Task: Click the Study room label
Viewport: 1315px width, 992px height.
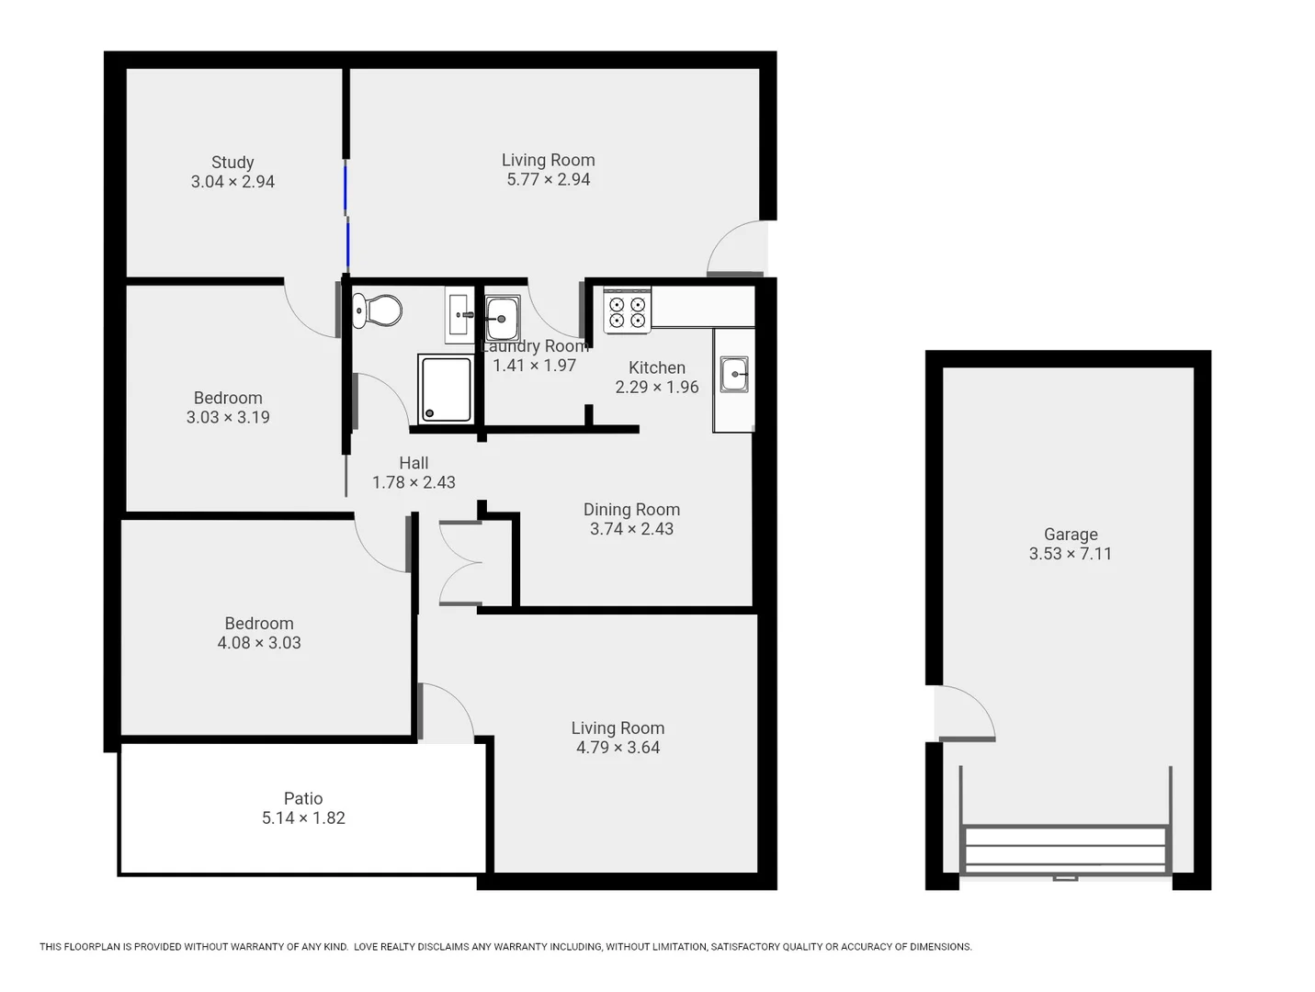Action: click(232, 163)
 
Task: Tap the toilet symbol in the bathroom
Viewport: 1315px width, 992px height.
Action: click(378, 310)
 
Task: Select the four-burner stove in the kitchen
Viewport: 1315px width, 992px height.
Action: click(627, 311)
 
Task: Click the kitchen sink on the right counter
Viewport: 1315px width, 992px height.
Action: click(734, 375)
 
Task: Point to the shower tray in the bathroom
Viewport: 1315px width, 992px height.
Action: click(446, 389)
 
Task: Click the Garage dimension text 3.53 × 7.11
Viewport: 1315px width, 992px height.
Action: click(1070, 554)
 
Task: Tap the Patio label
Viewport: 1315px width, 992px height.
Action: click(303, 798)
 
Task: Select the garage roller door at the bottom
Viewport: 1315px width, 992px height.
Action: click(1065, 851)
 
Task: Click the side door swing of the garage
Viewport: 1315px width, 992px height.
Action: click(965, 714)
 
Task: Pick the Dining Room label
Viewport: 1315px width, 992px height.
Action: click(631, 510)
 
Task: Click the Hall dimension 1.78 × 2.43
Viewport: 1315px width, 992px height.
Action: click(414, 482)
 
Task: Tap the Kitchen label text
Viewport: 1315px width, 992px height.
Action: click(656, 367)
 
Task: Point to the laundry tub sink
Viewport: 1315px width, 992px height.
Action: click(502, 318)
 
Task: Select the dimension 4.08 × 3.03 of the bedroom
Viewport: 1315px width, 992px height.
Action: click(259, 643)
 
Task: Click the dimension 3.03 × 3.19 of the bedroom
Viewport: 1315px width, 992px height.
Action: click(228, 417)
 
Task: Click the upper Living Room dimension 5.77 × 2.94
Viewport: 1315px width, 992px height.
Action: click(549, 180)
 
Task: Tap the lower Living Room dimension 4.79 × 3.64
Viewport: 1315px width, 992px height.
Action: click(618, 748)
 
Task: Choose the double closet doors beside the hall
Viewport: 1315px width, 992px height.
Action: click(460, 564)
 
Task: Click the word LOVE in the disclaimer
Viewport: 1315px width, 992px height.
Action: click(367, 947)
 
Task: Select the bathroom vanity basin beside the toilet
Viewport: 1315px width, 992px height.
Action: click(459, 315)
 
